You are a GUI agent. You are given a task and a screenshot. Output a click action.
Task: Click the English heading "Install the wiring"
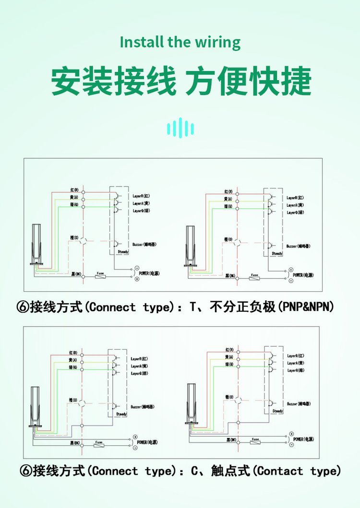[x=180, y=42]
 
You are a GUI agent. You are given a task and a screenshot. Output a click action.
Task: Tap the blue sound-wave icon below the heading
[x=180, y=128]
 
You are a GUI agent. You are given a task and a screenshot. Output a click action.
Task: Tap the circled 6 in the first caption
[x=23, y=307]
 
